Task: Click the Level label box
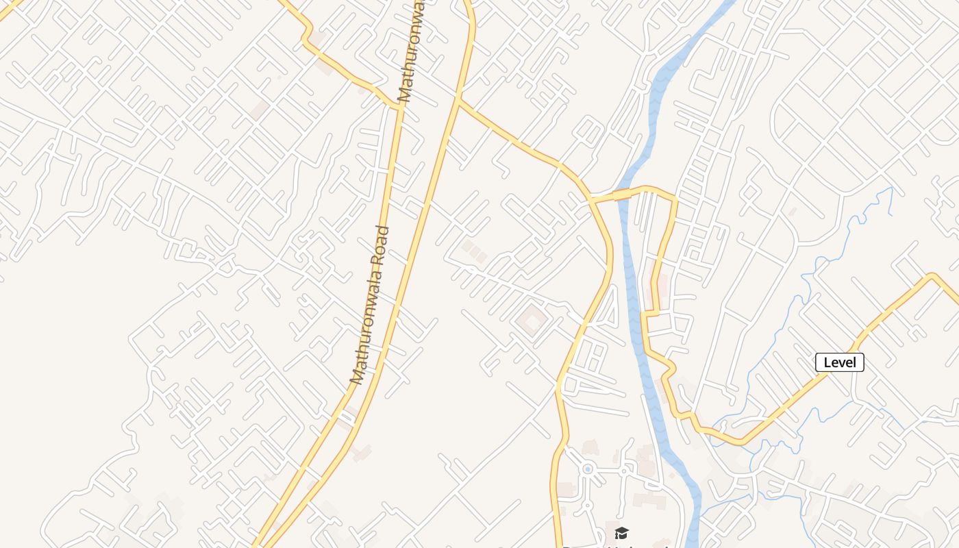tap(840, 362)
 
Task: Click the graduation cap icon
tap(621, 533)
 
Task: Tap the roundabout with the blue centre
tap(587, 469)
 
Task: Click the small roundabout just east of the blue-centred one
tap(624, 471)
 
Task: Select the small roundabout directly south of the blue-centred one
tap(586, 505)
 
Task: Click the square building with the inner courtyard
tap(532, 321)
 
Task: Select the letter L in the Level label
tap(827, 362)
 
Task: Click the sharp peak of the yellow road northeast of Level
tap(932, 276)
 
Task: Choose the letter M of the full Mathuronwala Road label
tap(356, 375)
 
